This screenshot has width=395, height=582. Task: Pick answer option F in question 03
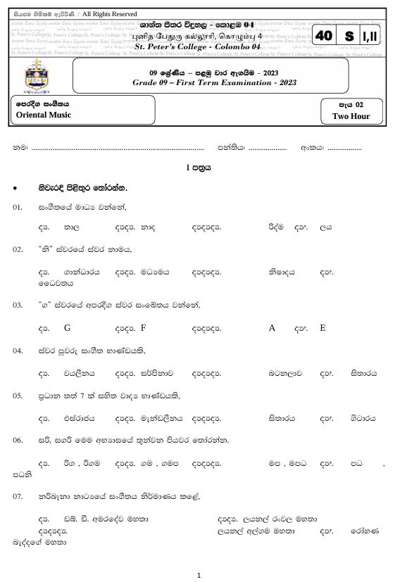coord(144,328)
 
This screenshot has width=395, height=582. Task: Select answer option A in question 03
coord(272,328)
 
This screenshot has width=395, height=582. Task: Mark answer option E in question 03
coord(322,328)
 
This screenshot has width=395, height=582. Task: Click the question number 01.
coord(18,208)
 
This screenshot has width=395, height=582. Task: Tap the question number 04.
coord(18,350)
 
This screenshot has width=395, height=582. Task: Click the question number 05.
coord(18,396)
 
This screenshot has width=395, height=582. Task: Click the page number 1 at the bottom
coord(200,575)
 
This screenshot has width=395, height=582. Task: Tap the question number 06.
coord(18,440)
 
